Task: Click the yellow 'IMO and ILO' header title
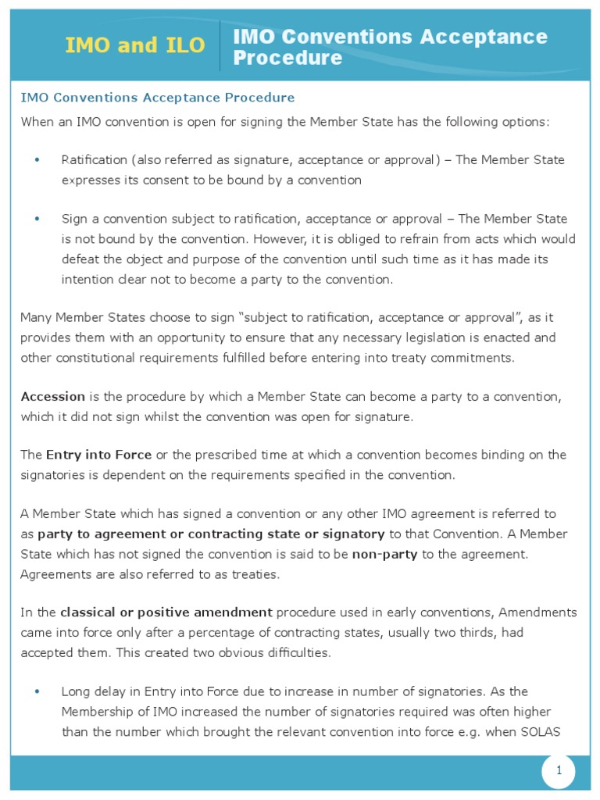[135, 45]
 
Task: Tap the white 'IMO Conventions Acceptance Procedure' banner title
[390, 47]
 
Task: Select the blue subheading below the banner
[157, 98]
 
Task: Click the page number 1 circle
[559, 771]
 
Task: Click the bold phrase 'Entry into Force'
[98, 455]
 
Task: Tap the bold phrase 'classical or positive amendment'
[166, 612]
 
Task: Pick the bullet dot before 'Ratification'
[37, 160]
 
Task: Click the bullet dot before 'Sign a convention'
[37, 219]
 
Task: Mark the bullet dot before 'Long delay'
[37, 691]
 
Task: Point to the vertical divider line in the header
[220, 45]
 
